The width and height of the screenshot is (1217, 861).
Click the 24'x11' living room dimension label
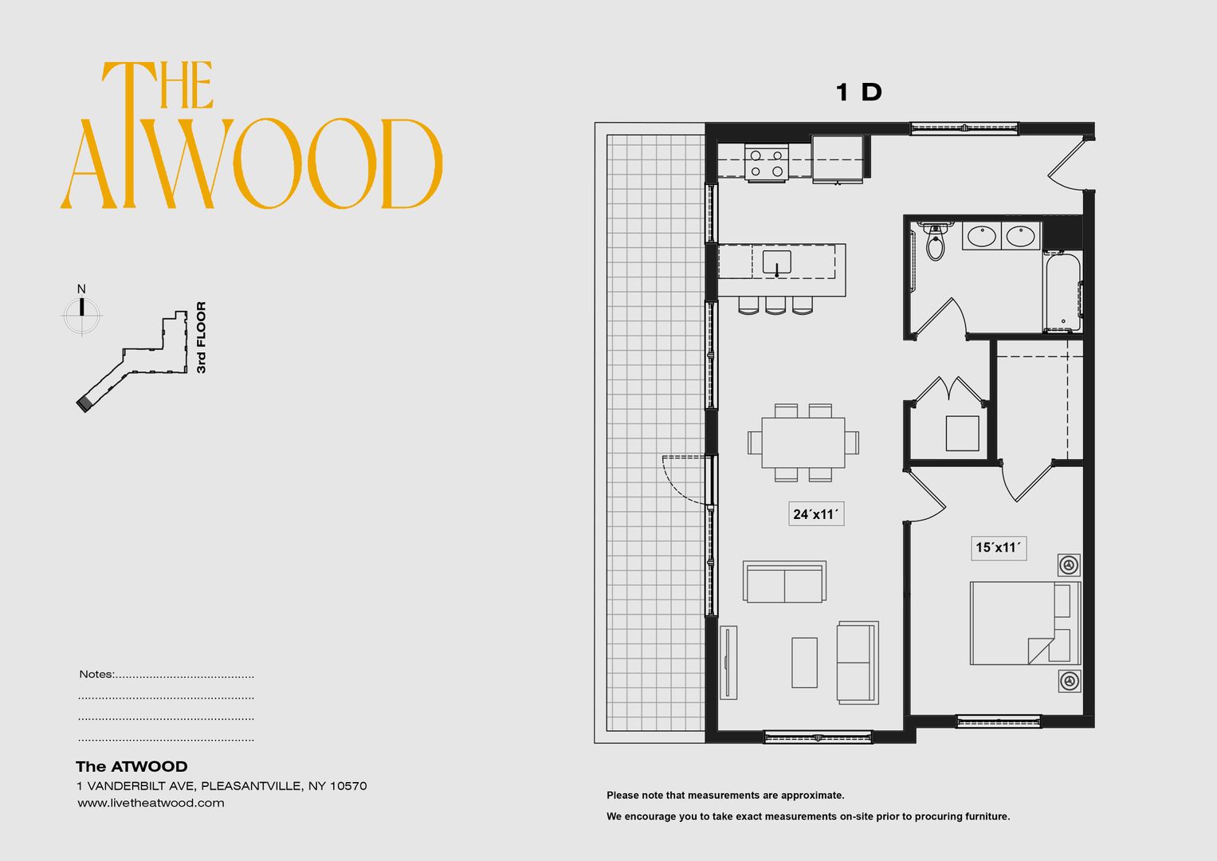click(815, 514)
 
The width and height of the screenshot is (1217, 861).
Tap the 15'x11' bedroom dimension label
click(998, 548)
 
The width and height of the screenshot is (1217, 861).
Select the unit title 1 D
click(858, 92)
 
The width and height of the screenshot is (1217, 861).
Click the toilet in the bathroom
click(936, 243)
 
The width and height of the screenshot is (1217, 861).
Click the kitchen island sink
click(776, 262)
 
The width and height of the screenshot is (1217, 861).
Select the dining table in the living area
click(803, 442)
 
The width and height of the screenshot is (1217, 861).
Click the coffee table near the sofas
click(804, 662)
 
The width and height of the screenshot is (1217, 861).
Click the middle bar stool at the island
click(775, 305)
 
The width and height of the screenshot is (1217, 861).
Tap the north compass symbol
click(82, 313)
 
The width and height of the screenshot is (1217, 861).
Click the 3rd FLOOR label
click(202, 337)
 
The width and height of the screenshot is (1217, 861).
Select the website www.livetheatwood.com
click(151, 803)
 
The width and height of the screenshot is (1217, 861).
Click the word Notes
click(96, 674)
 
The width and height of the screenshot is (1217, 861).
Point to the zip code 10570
click(347, 786)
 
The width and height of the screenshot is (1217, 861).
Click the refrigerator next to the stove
click(838, 159)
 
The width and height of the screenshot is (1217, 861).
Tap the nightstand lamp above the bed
click(1069, 565)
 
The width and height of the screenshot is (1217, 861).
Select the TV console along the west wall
click(728, 662)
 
